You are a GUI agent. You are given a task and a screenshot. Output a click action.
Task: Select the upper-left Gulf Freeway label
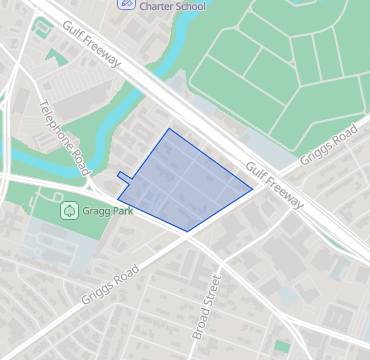pos(91,45)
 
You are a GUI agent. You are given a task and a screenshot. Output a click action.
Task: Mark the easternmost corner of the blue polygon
pos(252,187)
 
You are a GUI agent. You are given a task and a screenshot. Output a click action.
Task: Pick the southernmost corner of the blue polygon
pos(188,231)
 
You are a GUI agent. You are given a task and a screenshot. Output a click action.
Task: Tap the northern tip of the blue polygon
pos(168,129)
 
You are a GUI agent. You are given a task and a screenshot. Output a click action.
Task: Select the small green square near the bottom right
pos(282,345)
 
